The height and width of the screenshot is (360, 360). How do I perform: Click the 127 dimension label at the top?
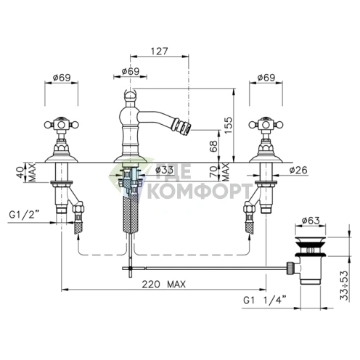(x=159, y=52)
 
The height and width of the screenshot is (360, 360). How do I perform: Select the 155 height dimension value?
(x=228, y=125)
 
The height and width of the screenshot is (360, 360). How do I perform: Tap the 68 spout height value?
(x=213, y=146)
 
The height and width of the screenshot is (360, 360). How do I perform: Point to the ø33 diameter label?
(x=164, y=170)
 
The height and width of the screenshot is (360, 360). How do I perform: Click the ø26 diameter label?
(x=298, y=170)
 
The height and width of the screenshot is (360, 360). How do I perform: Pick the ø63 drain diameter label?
(x=311, y=221)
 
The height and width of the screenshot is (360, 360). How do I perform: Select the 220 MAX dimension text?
(x=164, y=285)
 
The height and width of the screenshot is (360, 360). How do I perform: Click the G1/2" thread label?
(x=24, y=215)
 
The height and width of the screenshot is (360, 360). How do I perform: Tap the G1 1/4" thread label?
(x=265, y=300)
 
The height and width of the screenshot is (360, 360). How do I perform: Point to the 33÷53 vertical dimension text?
(x=344, y=285)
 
